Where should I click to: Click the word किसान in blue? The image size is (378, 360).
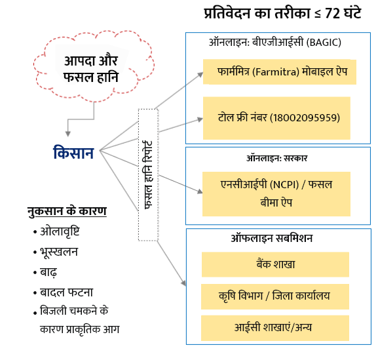73,153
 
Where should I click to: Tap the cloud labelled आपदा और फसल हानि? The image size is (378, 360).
94,66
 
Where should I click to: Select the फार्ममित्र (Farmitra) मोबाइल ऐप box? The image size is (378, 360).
280,71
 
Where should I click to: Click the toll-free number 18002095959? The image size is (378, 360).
305,118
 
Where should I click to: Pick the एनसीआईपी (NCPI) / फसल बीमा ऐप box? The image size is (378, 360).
276,193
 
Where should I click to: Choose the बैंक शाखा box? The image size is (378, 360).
275,264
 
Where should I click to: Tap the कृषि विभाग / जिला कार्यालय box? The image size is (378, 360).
275,296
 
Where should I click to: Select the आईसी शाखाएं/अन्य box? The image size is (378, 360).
275,328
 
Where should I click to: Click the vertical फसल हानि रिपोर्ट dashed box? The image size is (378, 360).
148,175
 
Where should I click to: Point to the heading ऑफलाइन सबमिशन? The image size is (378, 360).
272,239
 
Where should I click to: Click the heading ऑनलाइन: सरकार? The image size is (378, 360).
276,158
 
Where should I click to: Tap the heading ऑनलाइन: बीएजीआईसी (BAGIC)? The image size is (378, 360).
275,43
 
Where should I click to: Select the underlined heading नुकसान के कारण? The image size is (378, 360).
67,212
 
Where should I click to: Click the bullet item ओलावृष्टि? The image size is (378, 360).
60,232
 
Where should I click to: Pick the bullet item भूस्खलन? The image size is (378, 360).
59,252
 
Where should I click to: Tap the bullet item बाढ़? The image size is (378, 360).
48,272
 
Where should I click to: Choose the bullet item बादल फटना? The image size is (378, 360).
66,292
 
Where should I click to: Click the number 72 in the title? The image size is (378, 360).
333,14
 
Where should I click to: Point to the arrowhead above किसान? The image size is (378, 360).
68,134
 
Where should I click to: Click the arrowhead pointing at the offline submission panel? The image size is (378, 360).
183,283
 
